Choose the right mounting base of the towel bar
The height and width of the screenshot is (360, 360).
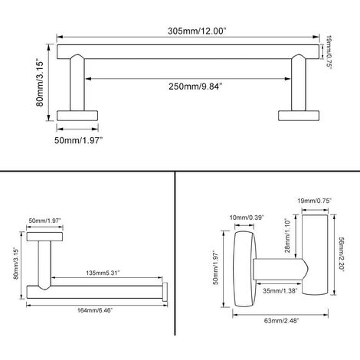(299, 115)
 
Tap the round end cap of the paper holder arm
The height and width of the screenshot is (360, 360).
(165, 290)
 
